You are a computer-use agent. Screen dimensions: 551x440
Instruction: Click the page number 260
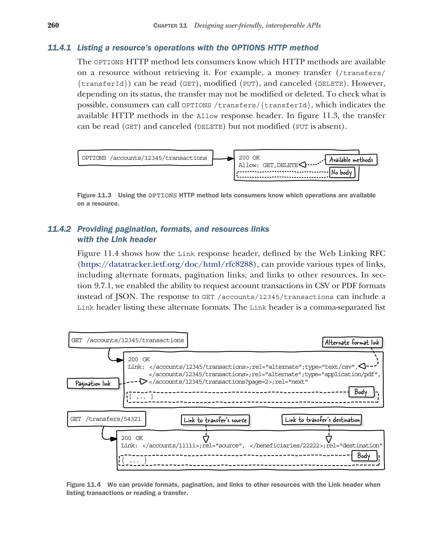53,25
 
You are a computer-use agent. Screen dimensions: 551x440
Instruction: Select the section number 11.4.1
59,48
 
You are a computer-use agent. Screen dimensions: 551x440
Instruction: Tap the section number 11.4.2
59,229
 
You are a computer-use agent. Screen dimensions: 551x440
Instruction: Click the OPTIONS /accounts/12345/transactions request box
145,158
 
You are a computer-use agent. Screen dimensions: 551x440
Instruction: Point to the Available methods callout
351,160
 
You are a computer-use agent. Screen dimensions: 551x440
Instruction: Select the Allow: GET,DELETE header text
268,165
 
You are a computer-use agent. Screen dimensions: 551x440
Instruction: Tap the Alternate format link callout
352,343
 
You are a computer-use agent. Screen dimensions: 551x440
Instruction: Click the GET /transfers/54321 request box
106,419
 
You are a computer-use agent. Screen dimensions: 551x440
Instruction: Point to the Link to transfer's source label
215,420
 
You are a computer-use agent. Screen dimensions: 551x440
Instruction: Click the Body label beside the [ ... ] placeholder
361,392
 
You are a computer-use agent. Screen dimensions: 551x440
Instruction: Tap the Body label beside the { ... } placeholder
364,456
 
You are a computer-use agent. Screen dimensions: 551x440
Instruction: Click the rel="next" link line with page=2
228,382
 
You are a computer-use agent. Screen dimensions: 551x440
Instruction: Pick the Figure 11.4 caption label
83,485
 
